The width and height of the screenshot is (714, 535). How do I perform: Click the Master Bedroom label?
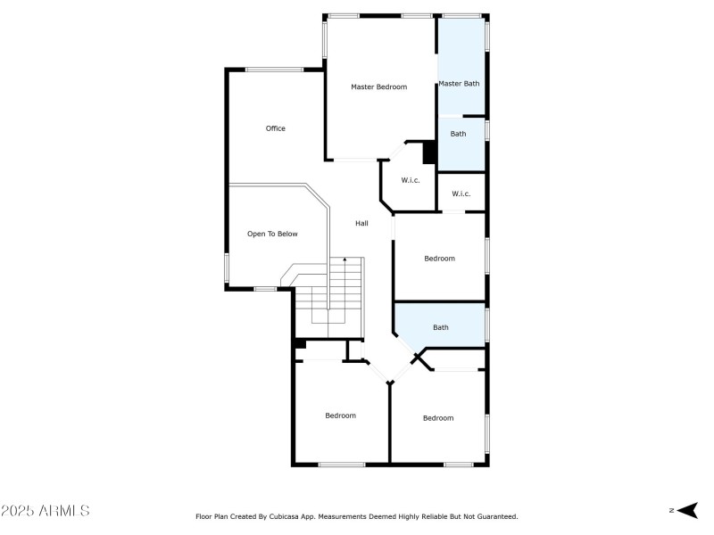378,86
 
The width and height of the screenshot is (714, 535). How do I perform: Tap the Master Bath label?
459,84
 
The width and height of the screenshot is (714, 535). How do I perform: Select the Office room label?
276,128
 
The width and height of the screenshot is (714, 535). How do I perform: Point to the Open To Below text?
272,234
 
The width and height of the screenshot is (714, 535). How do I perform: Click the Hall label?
361,223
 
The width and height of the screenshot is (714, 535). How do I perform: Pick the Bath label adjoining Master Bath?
458,134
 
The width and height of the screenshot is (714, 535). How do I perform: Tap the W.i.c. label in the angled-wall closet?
411,180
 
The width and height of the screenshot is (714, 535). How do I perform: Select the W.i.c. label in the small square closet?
461,193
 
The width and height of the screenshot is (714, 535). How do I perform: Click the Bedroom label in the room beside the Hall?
439,259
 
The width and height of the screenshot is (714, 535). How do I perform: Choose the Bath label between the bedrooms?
441,327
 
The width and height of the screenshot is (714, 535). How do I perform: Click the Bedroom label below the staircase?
340,416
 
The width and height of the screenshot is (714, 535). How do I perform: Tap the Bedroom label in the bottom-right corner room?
438,418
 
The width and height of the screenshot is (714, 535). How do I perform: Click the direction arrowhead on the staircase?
345,259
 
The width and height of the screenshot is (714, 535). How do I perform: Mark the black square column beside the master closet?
428,152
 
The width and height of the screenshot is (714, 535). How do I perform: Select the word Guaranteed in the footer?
496,516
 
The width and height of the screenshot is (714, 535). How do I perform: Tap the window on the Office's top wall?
274,70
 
